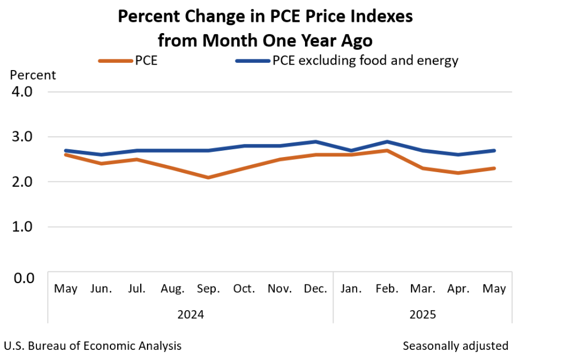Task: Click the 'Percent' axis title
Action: coord(33,75)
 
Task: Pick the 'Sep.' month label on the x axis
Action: coord(209,289)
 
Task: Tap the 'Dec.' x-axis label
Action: coord(316,289)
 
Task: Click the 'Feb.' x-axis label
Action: coord(387,289)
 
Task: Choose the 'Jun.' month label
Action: coord(101,289)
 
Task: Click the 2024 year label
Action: coord(191,314)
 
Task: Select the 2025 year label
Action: coord(423,314)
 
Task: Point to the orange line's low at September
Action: coord(209,177)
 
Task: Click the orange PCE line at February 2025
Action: coord(387,150)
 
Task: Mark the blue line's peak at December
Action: coord(316,141)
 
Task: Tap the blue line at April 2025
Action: coord(459,155)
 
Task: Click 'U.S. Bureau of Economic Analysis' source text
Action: coord(93,345)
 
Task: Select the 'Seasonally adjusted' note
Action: coord(455,345)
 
